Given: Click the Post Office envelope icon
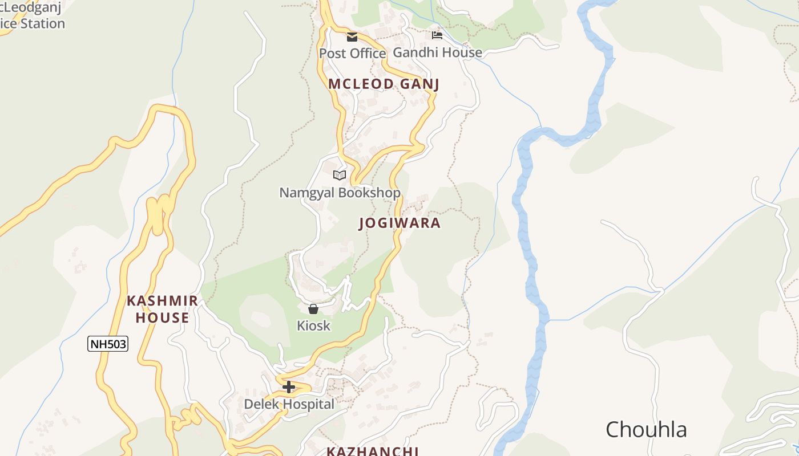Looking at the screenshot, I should (352, 37).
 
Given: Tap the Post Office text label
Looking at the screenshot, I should (352, 53).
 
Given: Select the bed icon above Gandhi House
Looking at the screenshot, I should (437, 35).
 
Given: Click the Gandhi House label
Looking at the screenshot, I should (437, 52).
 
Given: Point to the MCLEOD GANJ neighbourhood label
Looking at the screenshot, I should (384, 84).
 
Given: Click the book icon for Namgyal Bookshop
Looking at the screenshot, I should (340, 175).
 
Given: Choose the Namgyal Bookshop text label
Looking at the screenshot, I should (340, 193).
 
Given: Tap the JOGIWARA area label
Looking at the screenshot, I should (399, 223).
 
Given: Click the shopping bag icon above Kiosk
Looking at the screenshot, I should (313, 309).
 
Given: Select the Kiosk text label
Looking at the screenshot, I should (313, 325).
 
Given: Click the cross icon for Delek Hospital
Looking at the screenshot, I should (289, 387).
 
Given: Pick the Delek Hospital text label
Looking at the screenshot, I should (289, 404).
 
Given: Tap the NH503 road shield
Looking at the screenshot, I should (107, 344).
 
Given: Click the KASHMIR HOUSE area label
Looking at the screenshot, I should (162, 310).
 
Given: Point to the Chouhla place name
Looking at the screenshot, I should (645, 429).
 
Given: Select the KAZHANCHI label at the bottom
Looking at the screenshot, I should (373, 451).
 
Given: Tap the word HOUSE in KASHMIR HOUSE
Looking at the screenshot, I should (162, 318).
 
